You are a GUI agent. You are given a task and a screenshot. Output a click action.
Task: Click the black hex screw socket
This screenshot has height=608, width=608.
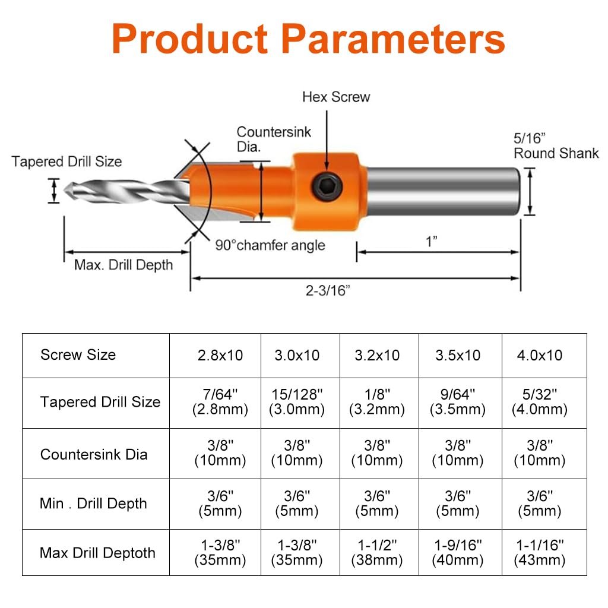coord(327,187)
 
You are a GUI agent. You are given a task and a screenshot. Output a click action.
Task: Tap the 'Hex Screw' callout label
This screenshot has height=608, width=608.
coord(336,97)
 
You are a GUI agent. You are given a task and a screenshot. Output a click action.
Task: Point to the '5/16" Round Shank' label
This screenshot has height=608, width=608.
coord(556,146)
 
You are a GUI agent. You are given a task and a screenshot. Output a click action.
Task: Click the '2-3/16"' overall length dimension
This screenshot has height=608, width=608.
coord(328,290)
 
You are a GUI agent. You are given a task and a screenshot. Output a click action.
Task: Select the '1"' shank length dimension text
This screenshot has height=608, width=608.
coord(432,242)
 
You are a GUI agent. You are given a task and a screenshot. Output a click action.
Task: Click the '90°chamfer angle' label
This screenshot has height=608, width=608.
coord(270,245)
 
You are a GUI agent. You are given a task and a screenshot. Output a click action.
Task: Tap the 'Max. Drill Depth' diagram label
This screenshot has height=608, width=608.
coord(123,265)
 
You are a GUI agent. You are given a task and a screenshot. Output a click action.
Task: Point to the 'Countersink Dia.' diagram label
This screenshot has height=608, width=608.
coord(274,139)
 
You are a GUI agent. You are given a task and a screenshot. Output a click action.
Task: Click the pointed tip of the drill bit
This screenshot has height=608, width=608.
coord(64,191)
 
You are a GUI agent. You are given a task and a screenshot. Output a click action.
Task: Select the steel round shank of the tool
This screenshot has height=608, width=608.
coord(443,191)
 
